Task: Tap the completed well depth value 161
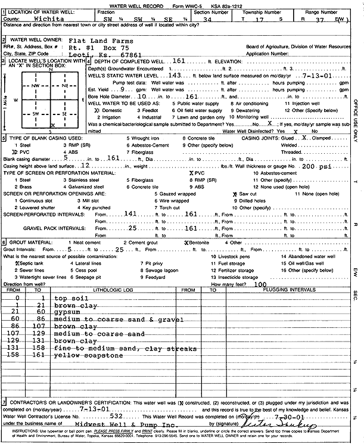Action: click(x=179, y=61)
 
